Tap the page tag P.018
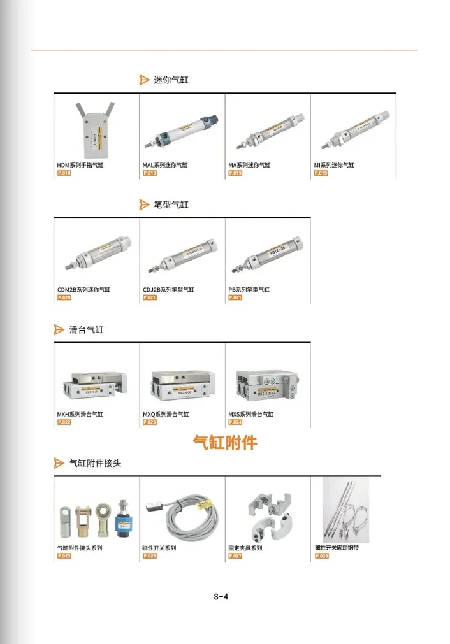click(64, 173)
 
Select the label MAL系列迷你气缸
click(165, 165)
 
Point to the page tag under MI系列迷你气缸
click(321, 173)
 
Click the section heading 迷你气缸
click(171, 80)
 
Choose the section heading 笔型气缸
click(171, 205)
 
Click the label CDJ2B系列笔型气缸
click(168, 290)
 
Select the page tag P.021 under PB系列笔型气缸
click(235, 297)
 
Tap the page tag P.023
click(150, 422)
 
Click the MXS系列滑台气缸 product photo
click(266, 384)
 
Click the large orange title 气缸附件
click(225, 442)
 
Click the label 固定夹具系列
click(245, 548)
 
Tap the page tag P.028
click(322, 556)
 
